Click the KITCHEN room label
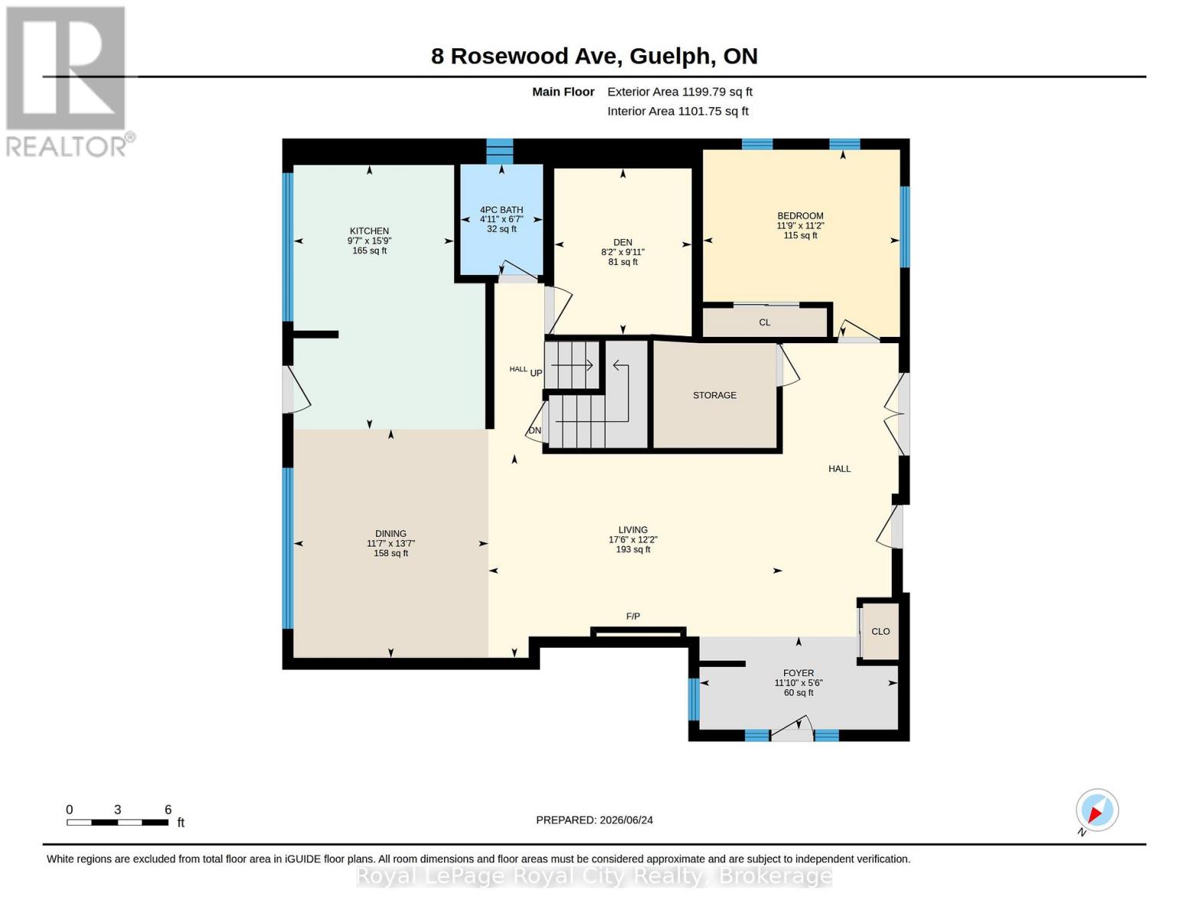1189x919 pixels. (369, 231)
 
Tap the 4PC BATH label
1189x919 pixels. (501, 210)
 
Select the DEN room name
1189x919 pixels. (622, 243)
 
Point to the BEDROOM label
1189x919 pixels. (800, 216)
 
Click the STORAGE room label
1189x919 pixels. (714, 395)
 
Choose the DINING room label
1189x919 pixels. (390, 534)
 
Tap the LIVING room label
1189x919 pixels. (633, 530)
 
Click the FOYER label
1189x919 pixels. (799, 673)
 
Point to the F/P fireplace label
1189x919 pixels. (633, 616)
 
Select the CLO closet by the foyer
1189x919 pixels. (880, 632)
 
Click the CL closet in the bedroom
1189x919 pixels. (764, 322)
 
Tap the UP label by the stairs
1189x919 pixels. (536, 373)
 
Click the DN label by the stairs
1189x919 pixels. (534, 430)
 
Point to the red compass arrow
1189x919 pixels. (1096, 814)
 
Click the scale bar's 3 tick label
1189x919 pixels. (117, 809)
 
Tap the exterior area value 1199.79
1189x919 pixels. (701, 92)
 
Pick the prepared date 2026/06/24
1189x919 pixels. (626, 820)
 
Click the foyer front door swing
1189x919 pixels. (792, 726)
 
